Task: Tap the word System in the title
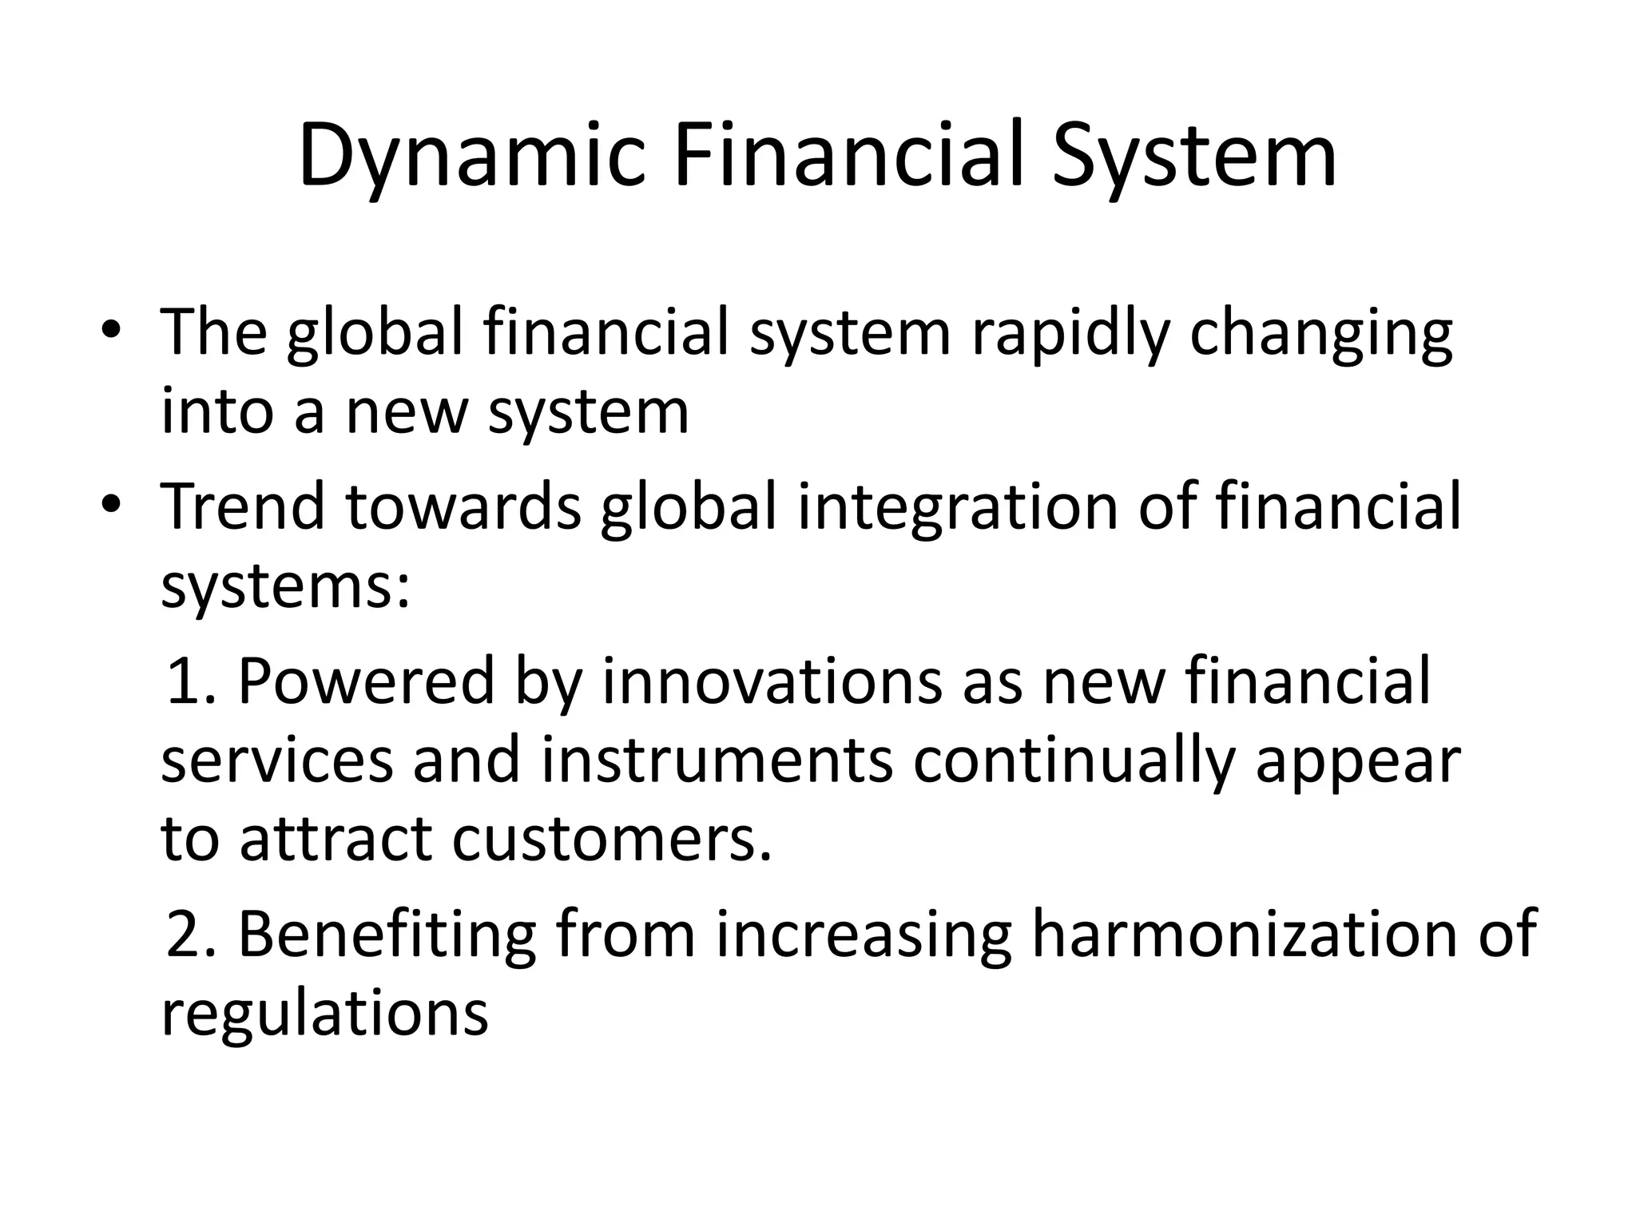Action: pyautogui.click(x=1193, y=156)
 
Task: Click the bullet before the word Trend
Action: pyautogui.click(x=111, y=504)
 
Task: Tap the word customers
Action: pyautogui.click(x=612, y=840)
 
